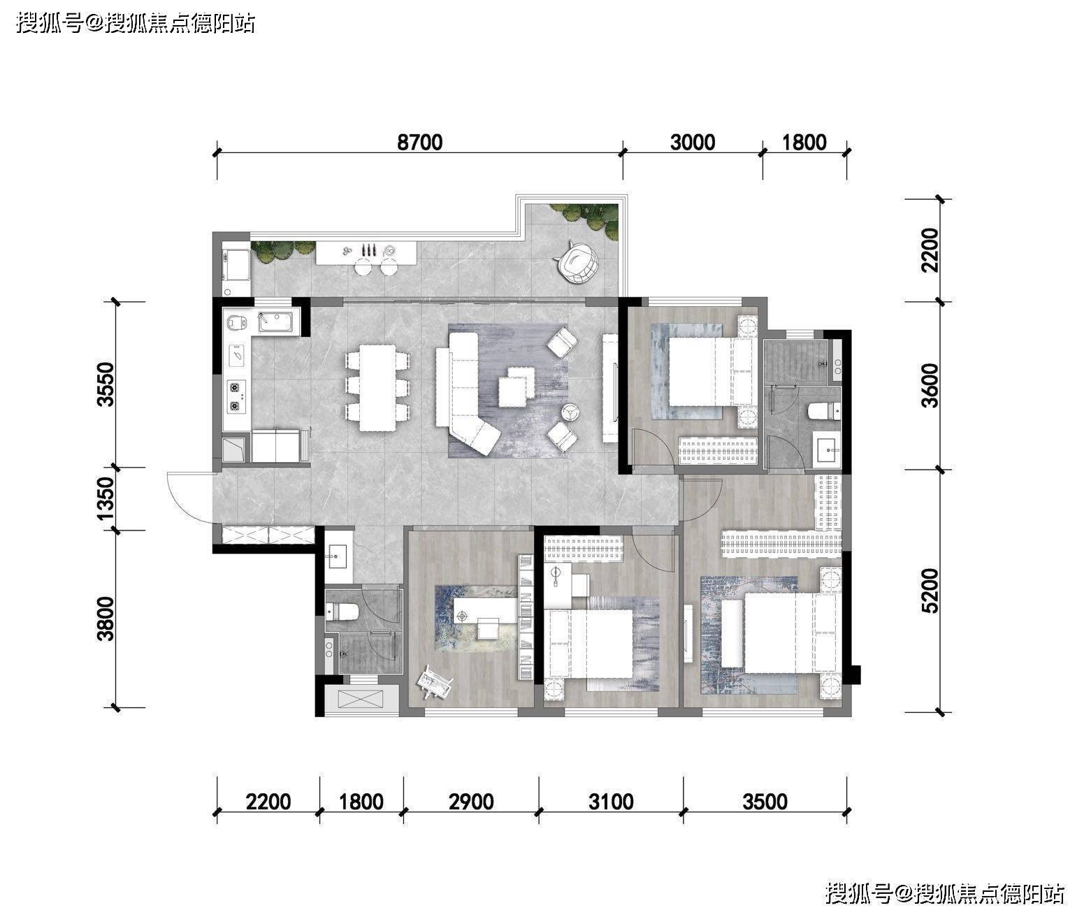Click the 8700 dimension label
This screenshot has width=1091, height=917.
419,142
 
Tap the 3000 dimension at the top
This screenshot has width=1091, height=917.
693,142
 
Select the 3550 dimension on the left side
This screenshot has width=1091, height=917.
106,384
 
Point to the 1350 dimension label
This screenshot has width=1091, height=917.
106,498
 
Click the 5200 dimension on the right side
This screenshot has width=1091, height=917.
930,591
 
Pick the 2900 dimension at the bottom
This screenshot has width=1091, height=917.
471,802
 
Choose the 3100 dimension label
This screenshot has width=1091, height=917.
611,802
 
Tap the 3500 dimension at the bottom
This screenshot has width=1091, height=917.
765,802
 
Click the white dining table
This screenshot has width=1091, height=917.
377,387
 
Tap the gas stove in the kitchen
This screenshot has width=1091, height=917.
236,396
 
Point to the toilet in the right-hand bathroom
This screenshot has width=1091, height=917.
825,411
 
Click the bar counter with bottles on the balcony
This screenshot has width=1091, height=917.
366,252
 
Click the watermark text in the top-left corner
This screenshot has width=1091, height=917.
136,24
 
